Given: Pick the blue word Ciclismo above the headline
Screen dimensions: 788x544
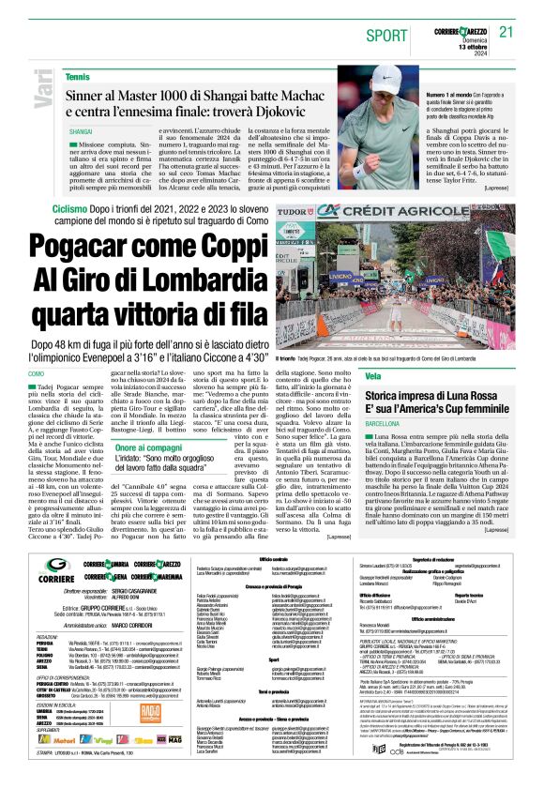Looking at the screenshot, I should point(70,206).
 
